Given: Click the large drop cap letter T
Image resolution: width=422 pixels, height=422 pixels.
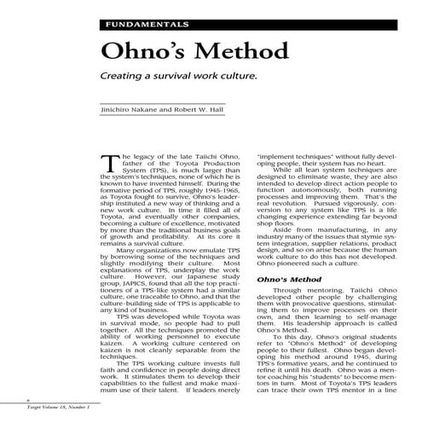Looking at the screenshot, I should point(108,169).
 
